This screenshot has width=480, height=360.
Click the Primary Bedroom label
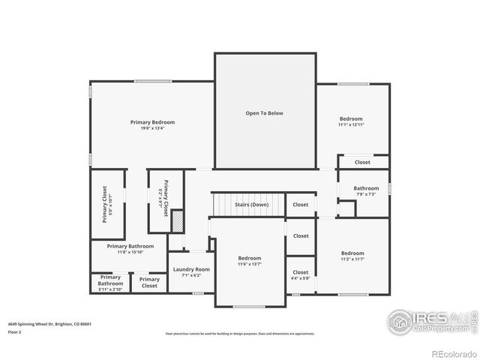click(152, 122)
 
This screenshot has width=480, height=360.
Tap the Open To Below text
click(265, 113)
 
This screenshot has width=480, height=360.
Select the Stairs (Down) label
click(250, 205)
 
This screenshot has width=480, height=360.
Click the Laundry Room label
click(191, 269)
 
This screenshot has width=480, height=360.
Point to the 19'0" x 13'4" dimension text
click(152, 128)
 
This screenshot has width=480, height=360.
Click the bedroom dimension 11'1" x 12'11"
click(351, 124)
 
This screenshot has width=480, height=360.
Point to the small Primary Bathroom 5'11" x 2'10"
click(110, 283)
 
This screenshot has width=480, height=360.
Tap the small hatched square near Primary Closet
click(178, 222)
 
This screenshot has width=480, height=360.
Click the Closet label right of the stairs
click(300, 205)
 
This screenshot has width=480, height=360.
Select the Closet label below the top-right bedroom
click(362, 162)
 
